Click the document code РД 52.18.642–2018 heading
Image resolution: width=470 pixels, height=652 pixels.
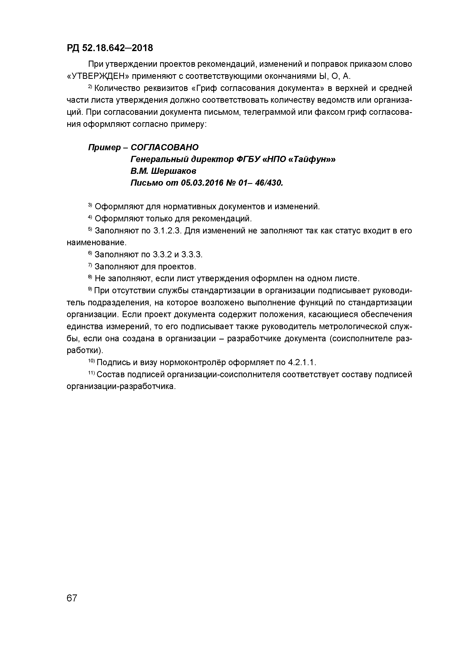coord(110,48)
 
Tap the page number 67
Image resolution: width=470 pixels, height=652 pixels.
coord(72,598)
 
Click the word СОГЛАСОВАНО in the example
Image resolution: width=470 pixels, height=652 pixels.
coord(164,147)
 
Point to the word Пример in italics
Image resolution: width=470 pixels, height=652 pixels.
coord(104,147)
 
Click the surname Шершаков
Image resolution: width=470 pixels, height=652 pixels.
coord(174,171)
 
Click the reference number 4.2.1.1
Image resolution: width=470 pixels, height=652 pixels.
coord(301,363)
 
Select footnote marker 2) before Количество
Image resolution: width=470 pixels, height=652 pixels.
coord(90,87)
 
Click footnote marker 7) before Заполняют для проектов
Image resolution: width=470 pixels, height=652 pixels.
coord(90,265)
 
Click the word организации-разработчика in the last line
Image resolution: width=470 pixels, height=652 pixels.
coord(121,387)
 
